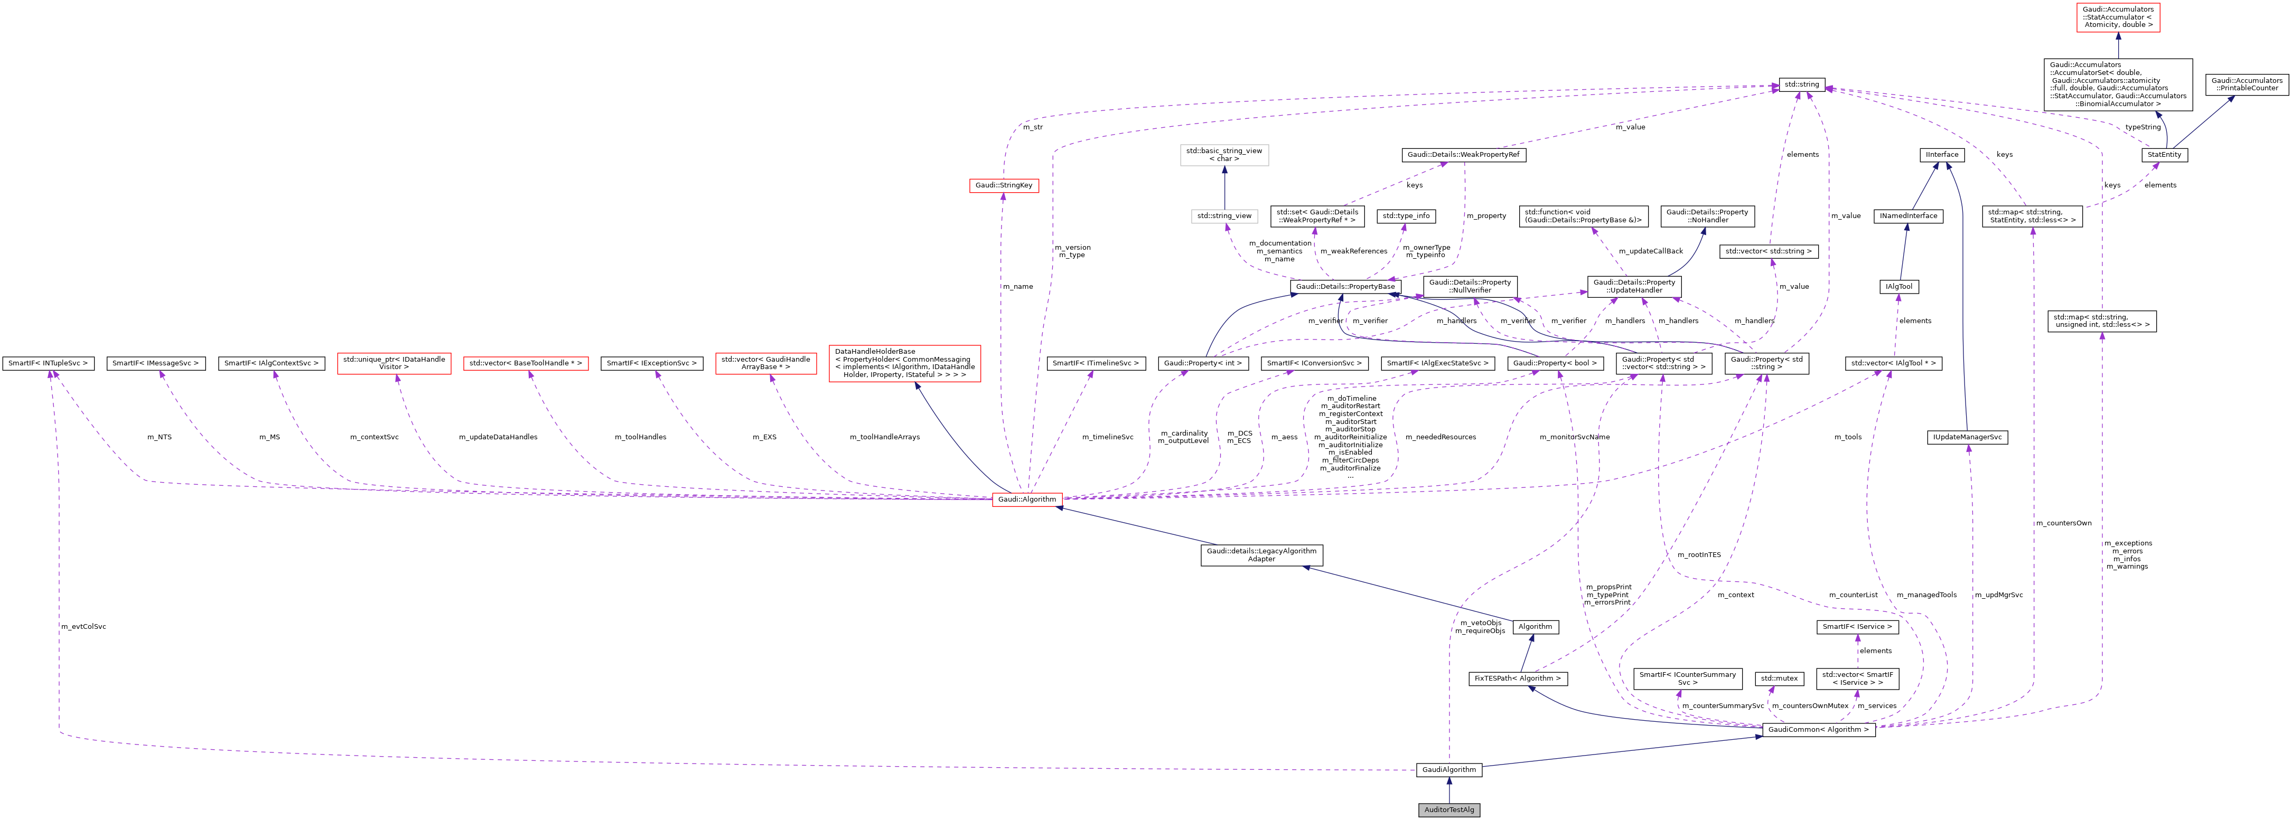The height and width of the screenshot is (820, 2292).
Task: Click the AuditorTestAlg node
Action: [1448, 809]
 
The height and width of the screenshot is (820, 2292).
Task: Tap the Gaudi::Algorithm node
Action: [1027, 499]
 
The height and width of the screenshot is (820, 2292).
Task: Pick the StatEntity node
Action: [2164, 155]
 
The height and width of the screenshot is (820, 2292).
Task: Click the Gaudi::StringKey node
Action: [1004, 185]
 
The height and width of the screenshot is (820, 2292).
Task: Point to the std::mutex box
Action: [1779, 678]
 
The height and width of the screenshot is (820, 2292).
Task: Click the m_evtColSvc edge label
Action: [83, 627]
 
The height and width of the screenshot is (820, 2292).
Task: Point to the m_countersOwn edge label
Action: [2063, 523]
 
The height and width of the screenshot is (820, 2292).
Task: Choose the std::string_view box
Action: [1224, 216]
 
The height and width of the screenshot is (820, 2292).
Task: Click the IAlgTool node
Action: [1898, 286]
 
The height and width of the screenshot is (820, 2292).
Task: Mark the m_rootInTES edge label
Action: [1699, 555]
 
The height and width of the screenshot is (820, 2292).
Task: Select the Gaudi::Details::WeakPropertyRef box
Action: [1463, 155]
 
